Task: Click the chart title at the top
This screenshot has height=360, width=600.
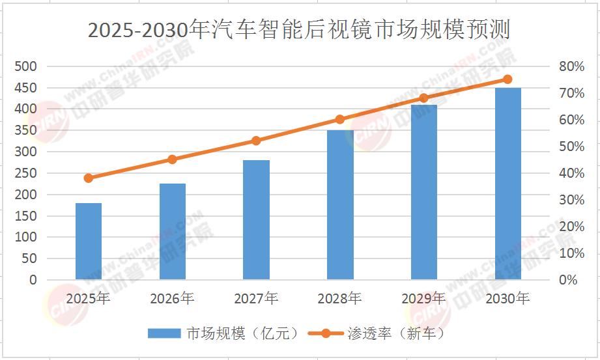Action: pos(300,30)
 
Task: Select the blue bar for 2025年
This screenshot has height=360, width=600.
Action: pos(89,242)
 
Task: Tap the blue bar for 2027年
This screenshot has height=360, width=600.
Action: pos(256,220)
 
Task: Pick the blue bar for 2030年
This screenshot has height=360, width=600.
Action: pos(507,184)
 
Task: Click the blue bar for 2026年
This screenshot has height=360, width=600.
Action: pos(173,232)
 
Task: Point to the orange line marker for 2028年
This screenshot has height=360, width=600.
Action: pos(340,119)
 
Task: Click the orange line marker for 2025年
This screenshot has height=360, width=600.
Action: pos(89,178)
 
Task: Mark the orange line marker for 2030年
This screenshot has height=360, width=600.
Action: pos(507,79)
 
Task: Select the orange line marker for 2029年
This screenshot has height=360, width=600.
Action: pos(423,98)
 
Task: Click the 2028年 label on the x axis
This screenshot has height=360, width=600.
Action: pos(340,299)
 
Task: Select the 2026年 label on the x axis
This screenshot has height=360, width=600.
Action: pos(172,299)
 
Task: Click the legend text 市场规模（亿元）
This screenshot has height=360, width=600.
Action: pos(242,333)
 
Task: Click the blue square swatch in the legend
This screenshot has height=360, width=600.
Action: pos(164,333)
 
